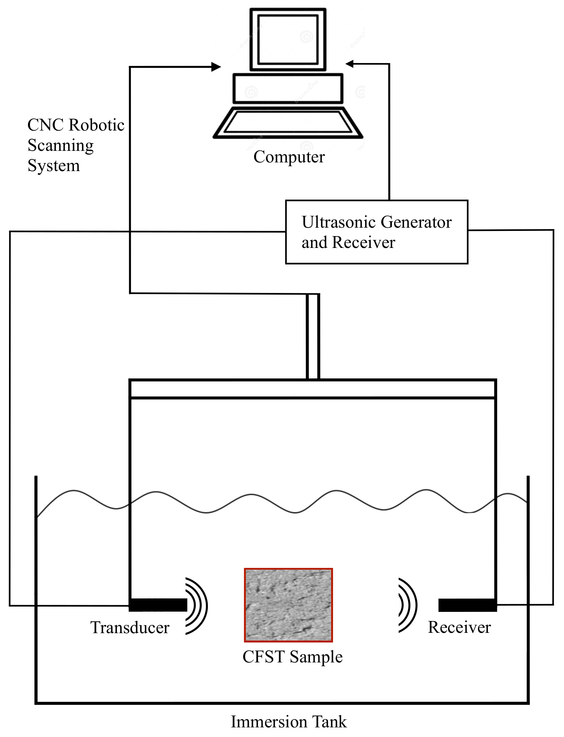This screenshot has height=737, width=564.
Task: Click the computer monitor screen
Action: [288, 40]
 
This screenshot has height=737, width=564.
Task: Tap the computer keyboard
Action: [288, 122]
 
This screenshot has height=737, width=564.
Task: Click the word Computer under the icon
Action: [289, 157]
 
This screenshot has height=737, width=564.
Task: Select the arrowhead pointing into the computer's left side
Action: [216, 67]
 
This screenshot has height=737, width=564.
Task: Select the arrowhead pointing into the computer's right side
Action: [350, 64]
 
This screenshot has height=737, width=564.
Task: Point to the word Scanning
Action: [60, 146]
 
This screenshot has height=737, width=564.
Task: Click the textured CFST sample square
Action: [288, 605]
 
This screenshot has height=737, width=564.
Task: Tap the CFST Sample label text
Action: [292, 656]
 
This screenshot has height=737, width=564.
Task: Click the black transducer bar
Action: [158, 605]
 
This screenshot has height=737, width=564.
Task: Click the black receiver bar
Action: [467, 605]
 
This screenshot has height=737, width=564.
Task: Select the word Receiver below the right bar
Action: [459, 627]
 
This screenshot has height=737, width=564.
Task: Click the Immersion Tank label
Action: [289, 722]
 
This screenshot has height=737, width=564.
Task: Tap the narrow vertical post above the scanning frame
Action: [313, 336]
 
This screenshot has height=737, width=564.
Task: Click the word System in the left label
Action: [54, 166]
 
